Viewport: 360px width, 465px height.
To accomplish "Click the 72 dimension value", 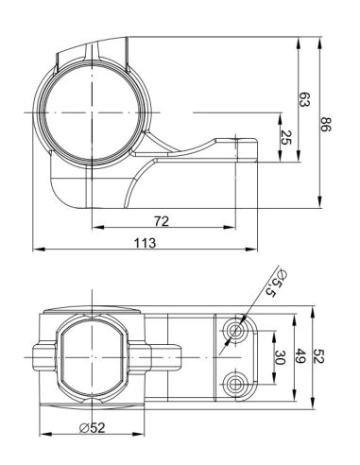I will click(x=160, y=220).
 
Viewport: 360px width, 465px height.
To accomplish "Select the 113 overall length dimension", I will click(x=145, y=243).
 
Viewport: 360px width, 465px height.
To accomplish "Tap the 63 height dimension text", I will click(x=304, y=100).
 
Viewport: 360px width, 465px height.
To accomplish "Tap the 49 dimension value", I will click(x=301, y=357).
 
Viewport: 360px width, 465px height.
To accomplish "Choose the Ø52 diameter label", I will click(x=93, y=428).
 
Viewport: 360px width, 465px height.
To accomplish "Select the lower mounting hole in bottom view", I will click(x=232, y=382).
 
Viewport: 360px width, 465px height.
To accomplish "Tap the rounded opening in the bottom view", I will click(x=92, y=357).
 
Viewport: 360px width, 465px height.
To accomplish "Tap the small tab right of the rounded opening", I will click(x=168, y=357).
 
